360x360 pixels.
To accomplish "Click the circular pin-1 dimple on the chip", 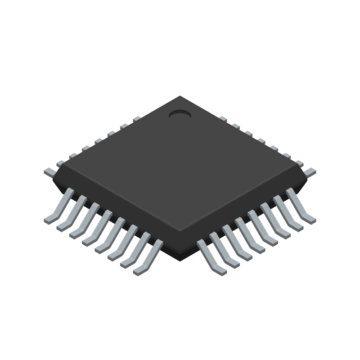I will point(180,115).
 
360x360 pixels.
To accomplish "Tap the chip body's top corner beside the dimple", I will point(180,97).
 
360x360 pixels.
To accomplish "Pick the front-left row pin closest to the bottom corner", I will point(148,258).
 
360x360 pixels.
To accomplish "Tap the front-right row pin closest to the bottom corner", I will point(211,258).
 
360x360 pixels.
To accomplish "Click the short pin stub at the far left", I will point(49,171).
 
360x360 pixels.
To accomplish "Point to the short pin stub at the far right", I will point(310,171).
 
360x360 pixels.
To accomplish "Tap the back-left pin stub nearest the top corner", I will point(137,119).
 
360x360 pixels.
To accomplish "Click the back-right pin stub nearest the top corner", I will point(223,119).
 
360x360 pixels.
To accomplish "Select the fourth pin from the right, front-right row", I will point(263,229).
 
